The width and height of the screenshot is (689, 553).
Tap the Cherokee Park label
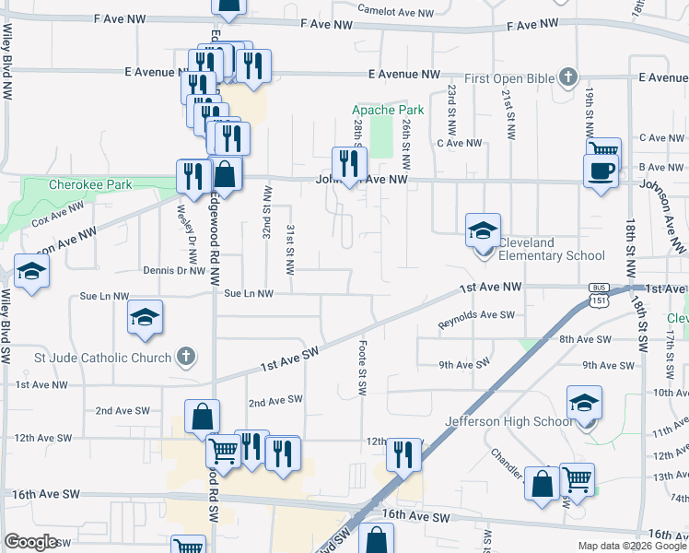point(90,184)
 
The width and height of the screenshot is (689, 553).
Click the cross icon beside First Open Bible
point(568,77)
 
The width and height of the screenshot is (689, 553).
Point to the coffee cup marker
point(601,171)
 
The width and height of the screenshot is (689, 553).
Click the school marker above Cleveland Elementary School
point(483,230)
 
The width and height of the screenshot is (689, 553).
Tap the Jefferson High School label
point(508,422)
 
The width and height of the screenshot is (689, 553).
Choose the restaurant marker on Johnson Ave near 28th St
point(348,163)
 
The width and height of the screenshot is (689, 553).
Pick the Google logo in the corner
point(31,542)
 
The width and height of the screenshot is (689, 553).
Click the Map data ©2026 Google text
point(631,546)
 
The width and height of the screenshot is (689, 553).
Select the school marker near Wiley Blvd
point(31,273)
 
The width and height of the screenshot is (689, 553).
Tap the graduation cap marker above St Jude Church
point(146,317)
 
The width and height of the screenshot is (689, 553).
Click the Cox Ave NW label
point(52,217)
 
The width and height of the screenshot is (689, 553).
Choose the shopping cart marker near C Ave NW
point(603,150)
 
